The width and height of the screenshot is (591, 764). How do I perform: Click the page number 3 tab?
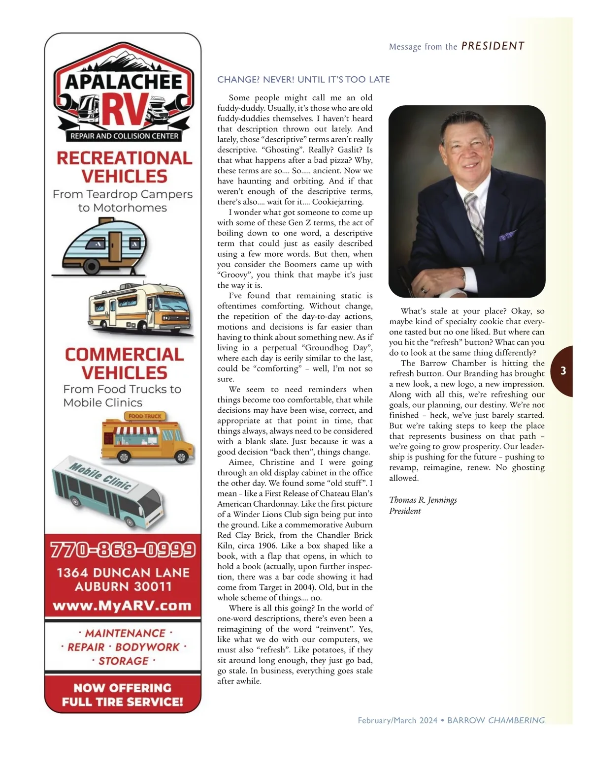(563, 371)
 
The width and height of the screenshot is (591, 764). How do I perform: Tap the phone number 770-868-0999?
(123, 550)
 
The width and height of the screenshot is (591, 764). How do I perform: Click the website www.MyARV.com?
(122, 606)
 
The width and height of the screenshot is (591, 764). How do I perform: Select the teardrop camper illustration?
(105, 246)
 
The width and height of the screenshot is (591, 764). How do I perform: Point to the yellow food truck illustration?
(148, 438)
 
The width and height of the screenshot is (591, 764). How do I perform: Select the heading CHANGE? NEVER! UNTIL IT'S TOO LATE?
(303, 79)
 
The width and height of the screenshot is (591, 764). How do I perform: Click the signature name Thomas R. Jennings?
(423, 500)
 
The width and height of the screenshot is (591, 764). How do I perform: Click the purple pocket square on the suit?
(508, 236)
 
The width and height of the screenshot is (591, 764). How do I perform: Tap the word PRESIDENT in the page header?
(492, 46)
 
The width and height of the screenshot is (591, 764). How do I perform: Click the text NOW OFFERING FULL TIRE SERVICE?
(123, 695)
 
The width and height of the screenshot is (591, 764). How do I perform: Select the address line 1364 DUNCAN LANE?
(123, 573)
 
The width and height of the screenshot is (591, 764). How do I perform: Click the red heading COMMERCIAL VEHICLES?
(124, 363)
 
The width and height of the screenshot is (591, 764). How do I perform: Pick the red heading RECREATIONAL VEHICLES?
(124, 167)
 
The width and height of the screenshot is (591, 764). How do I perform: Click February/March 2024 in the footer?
(397, 720)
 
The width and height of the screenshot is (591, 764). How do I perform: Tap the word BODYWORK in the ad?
(147, 647)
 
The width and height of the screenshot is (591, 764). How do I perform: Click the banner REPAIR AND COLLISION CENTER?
(124, 136)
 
